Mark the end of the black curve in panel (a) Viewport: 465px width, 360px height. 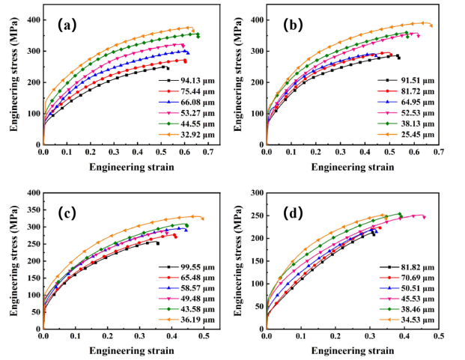(x=168, y=68)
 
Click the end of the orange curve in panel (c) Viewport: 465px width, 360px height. (x=202, y=219)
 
